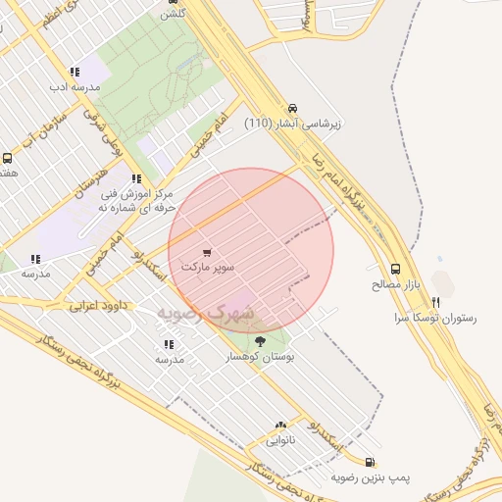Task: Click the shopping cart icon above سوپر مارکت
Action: pos(206,252)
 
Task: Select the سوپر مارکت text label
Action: pos(206,266)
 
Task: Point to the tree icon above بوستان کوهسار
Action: pos(260,341)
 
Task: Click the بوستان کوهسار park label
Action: pos(260,358)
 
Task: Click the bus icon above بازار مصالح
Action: pos(395,269)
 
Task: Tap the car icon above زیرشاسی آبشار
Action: pos(291,109)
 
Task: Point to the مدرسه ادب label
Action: pos(75,87)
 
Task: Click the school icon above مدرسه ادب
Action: pos(75,72)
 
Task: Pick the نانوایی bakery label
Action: pos(280,441)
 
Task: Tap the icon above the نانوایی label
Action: pos(281,427)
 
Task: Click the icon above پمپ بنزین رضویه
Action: pos(369,462)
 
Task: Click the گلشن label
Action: pos(174,13)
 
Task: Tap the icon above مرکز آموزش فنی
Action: pos(136,178)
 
